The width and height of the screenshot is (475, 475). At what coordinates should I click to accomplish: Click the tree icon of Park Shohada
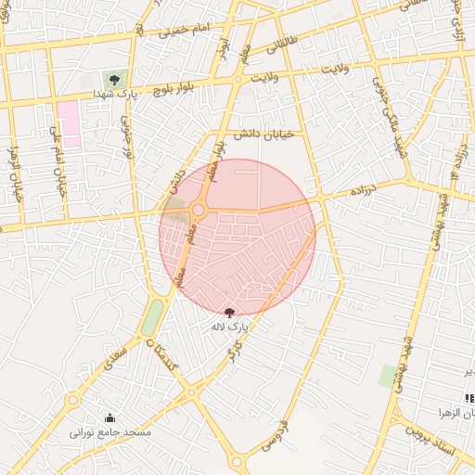(x=113, y=80)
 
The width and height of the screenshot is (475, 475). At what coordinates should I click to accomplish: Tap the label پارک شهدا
(x=115, y=95)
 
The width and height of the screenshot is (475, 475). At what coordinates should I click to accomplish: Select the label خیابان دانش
(x=263, y=135)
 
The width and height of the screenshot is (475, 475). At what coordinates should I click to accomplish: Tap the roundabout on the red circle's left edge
(x=198, y=212)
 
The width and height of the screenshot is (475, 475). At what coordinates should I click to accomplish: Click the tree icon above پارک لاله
(x=230, y=313)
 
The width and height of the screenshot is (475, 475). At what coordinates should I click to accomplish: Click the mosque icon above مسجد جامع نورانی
(x=110, y=418)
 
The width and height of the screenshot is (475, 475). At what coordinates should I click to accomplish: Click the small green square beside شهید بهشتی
(x=388, y=377)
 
